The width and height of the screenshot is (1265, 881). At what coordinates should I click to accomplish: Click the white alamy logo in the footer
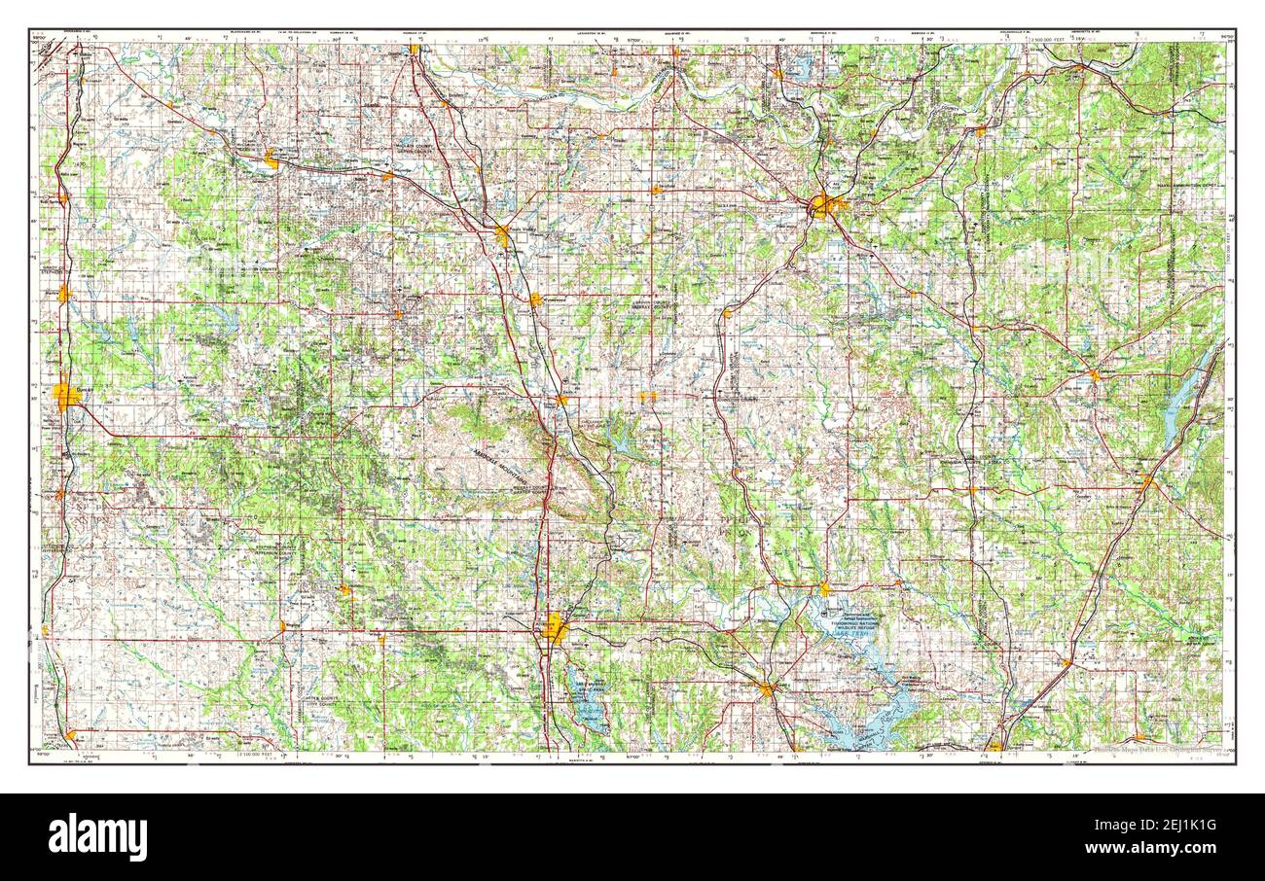coord(97,837)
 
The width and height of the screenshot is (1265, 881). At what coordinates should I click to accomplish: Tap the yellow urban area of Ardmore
coord(556,629)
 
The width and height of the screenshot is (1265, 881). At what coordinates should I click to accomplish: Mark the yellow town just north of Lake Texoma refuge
coord(824,588)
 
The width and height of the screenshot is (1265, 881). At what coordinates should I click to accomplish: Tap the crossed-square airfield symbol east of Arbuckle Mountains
coord(618,538)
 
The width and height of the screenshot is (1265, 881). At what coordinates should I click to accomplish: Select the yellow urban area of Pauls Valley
coord(503,234)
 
